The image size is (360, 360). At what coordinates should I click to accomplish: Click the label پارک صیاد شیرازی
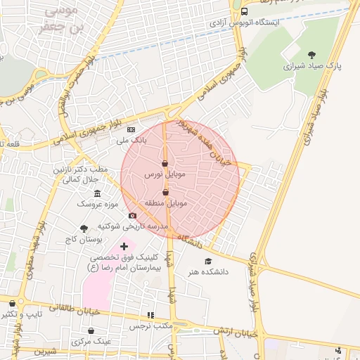[312, 67]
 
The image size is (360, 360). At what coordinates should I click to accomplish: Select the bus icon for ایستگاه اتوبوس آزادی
[244, 11]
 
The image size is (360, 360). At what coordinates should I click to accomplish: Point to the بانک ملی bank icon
[131, 130]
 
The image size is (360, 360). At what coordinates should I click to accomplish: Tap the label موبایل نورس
[164, 174]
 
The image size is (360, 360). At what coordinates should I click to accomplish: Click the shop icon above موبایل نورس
[165, 162]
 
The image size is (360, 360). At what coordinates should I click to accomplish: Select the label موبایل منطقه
[166, 203]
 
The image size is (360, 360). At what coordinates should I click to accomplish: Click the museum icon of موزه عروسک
[97, 194]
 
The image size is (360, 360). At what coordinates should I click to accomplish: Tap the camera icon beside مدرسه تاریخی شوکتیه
[132, 215]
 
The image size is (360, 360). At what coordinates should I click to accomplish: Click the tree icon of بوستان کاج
[84, 229]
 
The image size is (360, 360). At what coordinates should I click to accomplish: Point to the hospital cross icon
[124, 246]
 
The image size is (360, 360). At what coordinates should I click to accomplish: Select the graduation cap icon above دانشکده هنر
[207, 262]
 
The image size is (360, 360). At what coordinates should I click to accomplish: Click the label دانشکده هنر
[204, 272]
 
